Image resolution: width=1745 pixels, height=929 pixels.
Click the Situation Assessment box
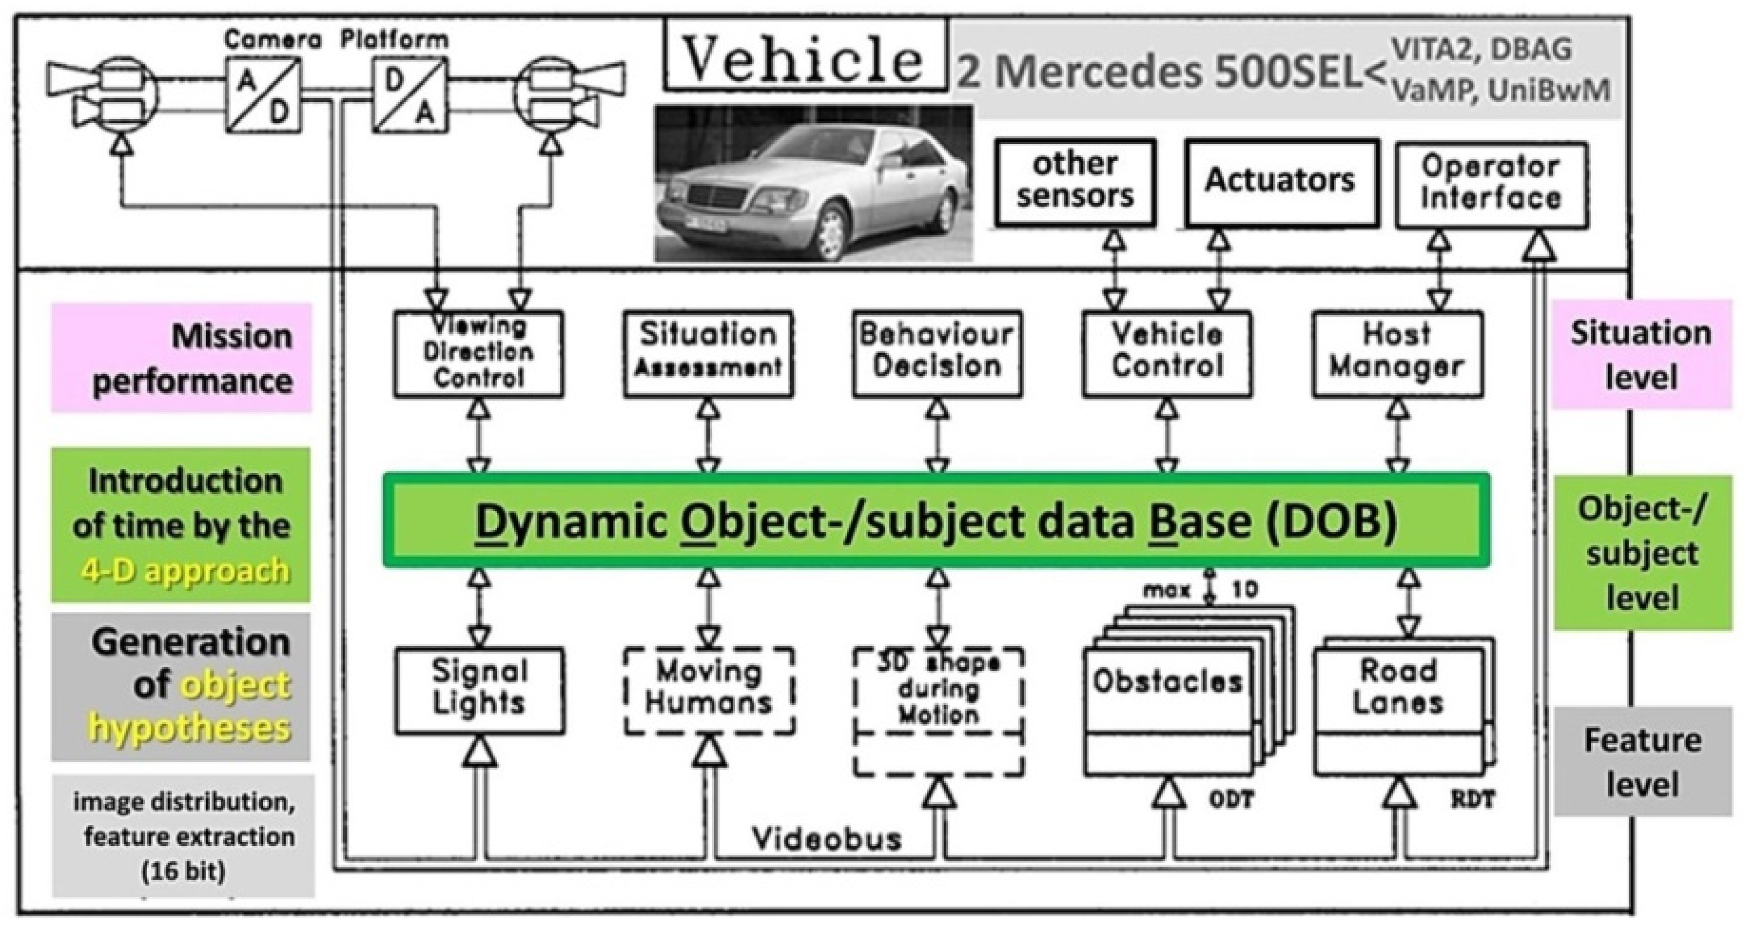708,353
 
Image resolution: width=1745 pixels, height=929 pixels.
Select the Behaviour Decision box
937,353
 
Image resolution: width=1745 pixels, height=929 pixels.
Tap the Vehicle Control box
1166,353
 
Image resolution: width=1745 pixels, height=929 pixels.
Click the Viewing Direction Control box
479,353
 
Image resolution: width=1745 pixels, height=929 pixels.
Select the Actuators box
1280,181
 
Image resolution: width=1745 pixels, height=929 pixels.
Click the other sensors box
1075,181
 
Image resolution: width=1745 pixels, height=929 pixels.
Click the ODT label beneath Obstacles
1231,800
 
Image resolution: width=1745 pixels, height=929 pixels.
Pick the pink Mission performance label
181,357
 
